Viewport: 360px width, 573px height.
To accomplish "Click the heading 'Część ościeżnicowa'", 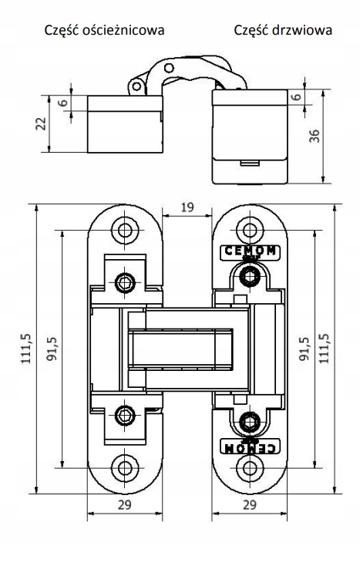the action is pos(104,30).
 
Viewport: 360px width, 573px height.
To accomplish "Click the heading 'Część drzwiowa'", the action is pos(283,30).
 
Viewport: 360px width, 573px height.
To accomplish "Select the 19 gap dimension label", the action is pos(187,207).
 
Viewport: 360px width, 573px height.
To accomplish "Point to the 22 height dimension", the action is pos(42,123).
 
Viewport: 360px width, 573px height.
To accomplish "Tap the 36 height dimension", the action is pos(314,136).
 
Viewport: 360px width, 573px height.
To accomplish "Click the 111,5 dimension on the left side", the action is pos(26,349).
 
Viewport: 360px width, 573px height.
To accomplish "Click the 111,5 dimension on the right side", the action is pos(325,349).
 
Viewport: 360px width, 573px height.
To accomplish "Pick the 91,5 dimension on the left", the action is pos(52,349).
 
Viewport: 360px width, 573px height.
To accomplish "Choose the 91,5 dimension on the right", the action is pos(304,349).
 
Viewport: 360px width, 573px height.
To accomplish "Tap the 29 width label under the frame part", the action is pos(125,504).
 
